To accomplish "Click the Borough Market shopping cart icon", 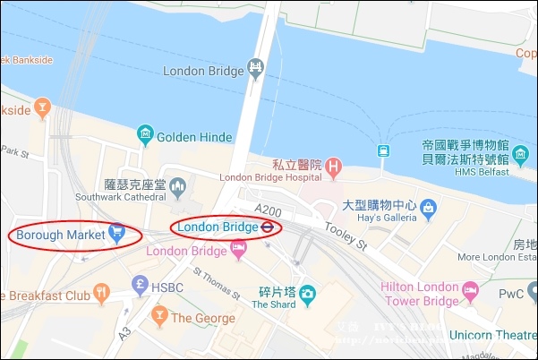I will (115, 234).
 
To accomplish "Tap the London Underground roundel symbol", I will (267, 227).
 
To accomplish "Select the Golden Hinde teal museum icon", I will (144, 137).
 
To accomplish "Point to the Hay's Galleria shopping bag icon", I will (428, 208).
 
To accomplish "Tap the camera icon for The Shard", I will (307, 293).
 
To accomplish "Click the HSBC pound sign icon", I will (138, 287).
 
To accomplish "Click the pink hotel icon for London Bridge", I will (238, 251).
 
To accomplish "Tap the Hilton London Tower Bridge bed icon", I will (469, 290).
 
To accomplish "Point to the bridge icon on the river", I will (256, 67).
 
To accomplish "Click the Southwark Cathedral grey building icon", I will (177, 188).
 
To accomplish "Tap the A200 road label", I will (269, 209).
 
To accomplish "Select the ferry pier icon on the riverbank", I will (383, 150).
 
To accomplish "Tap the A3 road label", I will (126, 331).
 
